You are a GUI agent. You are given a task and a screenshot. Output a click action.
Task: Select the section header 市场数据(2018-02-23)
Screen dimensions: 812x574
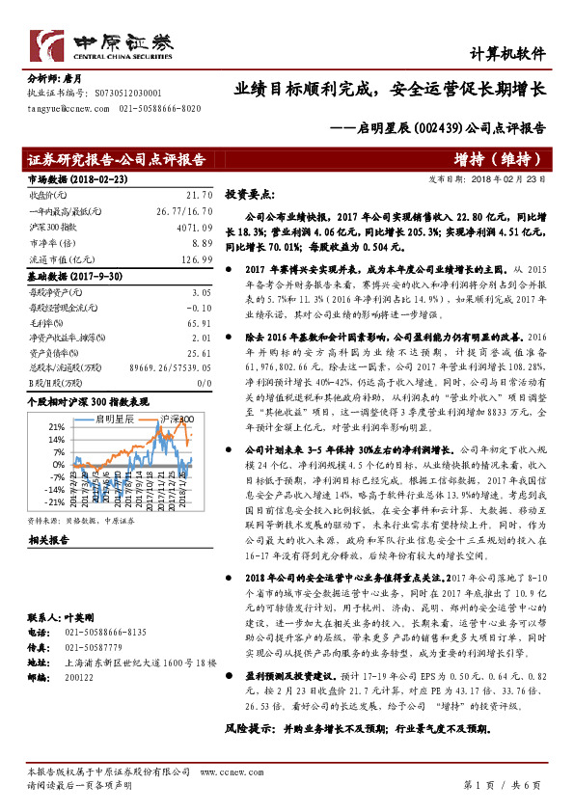[64, 179]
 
